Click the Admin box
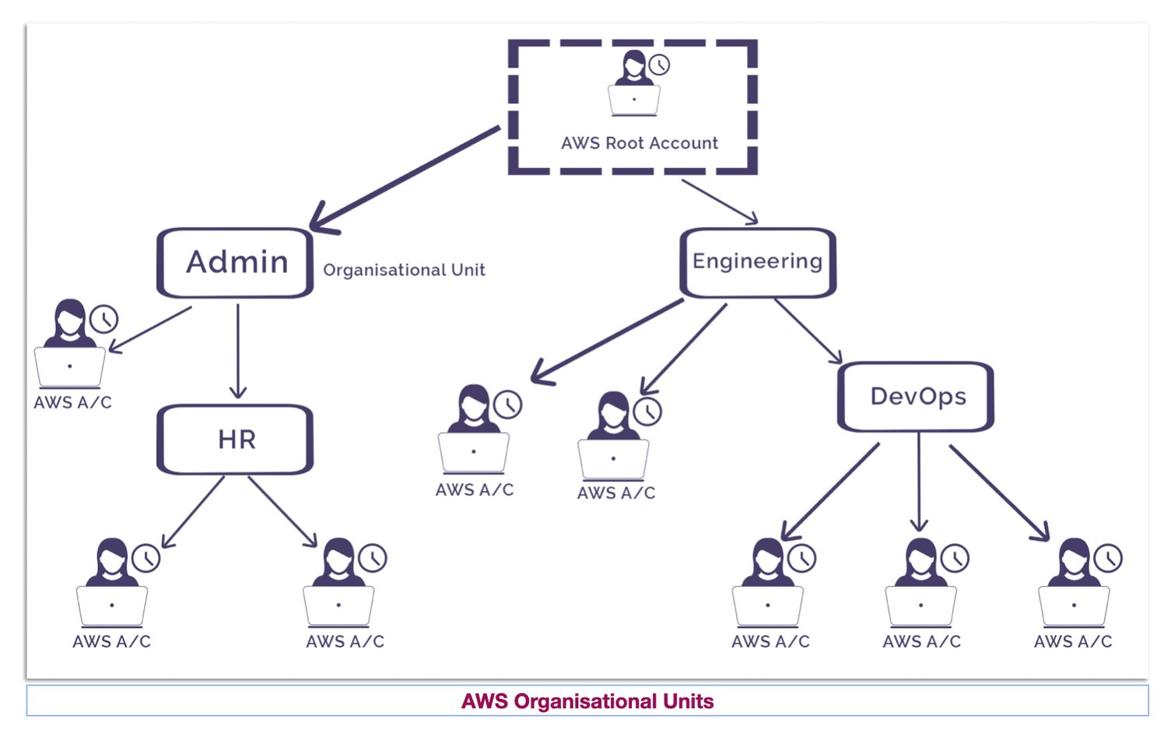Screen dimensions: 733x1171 point(236,263)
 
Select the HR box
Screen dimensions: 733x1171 point(236,440)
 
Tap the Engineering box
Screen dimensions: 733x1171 point(757,262)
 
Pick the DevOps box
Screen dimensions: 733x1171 point(917,397)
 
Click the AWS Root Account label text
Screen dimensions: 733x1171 point(639,143)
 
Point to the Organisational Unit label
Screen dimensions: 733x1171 point(404,270)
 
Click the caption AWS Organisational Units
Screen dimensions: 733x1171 point(587,701)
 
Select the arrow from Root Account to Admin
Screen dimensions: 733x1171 point(405,177)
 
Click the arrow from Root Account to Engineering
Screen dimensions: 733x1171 point(720,202)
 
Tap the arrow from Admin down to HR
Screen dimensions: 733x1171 point(238,350)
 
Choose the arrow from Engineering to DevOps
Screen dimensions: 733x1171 point(808,331)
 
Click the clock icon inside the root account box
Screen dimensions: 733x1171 point(659,65)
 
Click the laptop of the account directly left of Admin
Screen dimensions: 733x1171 point(70,366)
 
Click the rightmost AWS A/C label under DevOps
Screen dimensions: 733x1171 point(1073,642)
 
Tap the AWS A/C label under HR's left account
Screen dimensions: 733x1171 point(111,642)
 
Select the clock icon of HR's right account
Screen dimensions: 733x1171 point(373,558)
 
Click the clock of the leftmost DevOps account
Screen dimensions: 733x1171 point(801,558)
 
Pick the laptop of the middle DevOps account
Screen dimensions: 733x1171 point(920,605)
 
